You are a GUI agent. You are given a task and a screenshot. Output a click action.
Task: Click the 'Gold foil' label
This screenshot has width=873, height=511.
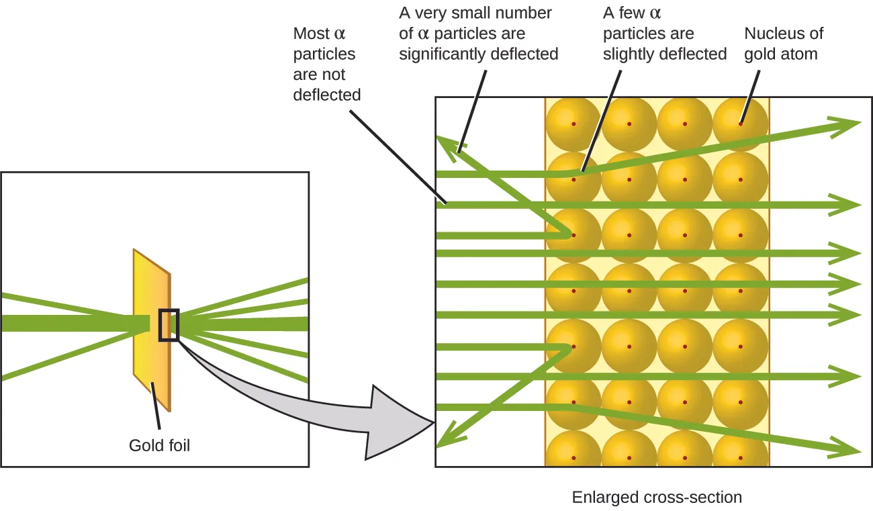pyautogui.click(x=159, y=445)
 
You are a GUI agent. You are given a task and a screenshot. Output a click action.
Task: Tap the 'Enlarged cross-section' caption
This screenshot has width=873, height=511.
pyautogui.click(x=657, y=498)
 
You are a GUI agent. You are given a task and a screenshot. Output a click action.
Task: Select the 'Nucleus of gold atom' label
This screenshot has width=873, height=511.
pyautogui.click(x=783, y=44)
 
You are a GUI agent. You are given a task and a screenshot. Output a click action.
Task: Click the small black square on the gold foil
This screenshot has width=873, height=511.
pyautogui.click(x=169, y=325)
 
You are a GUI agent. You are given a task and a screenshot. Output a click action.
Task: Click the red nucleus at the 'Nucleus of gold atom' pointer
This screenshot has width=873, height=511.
pyautogui.click(x=741, y=124)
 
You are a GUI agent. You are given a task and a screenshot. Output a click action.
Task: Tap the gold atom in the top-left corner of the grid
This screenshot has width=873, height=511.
pyautogui.click(x=573, y=124)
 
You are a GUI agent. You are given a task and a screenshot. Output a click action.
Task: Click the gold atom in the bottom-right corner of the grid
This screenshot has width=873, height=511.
pyautogui.click(x=741, y=453)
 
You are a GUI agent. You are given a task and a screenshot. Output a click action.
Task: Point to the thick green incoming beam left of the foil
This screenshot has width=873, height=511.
pyautogui.click(x=67, y=323)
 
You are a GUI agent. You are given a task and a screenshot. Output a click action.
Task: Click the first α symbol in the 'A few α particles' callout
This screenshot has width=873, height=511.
pyautogui.click(x=655, y=13)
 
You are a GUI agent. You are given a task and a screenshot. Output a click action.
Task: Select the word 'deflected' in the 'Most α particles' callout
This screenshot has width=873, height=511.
pyautogui.click(x=326, y=95)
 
